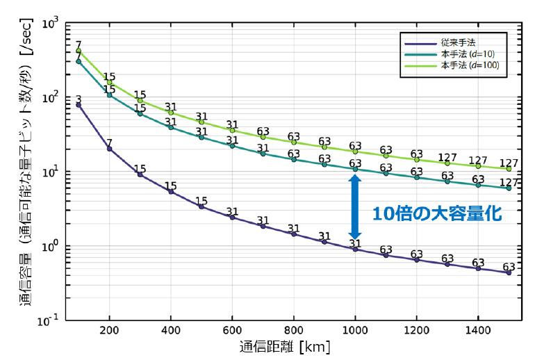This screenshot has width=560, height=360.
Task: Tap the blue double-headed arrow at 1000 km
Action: [354, 207]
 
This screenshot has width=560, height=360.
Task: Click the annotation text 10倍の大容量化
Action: [436, 214]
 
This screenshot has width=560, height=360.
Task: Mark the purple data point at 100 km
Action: [79, 105]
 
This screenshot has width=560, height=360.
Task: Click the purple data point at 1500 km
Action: [509, 273]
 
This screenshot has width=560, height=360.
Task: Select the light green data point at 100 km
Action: [79, 51]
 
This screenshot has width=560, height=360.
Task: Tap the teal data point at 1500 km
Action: [509, 188]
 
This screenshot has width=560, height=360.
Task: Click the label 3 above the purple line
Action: [79, 98]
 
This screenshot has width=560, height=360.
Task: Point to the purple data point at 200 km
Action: [109, 149]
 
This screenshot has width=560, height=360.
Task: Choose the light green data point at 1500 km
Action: [509, 169]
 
